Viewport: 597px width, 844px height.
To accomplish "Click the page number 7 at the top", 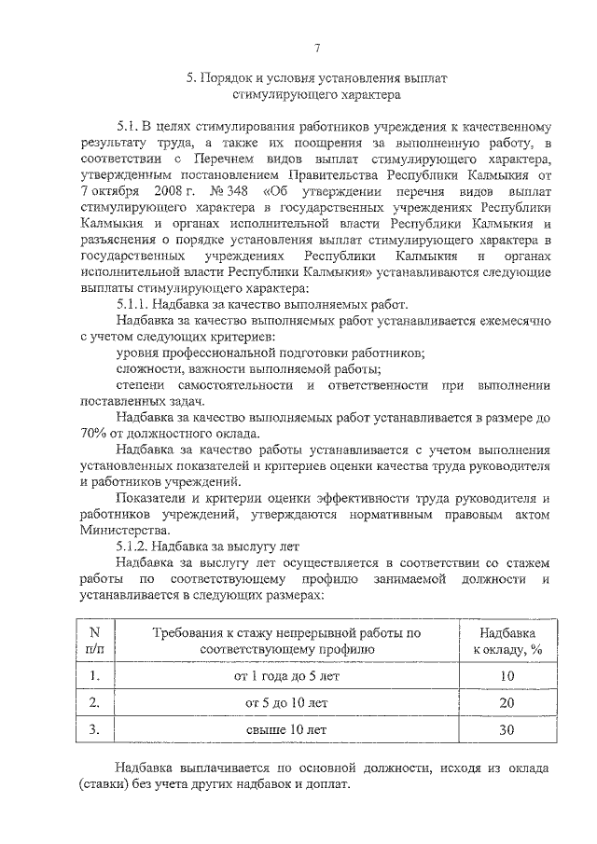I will coord(316,48).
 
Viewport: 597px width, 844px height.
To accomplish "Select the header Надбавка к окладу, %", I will coord(507,639).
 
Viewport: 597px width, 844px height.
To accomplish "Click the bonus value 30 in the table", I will coord(507,729).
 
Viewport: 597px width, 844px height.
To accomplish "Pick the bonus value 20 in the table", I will coord(507,701).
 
